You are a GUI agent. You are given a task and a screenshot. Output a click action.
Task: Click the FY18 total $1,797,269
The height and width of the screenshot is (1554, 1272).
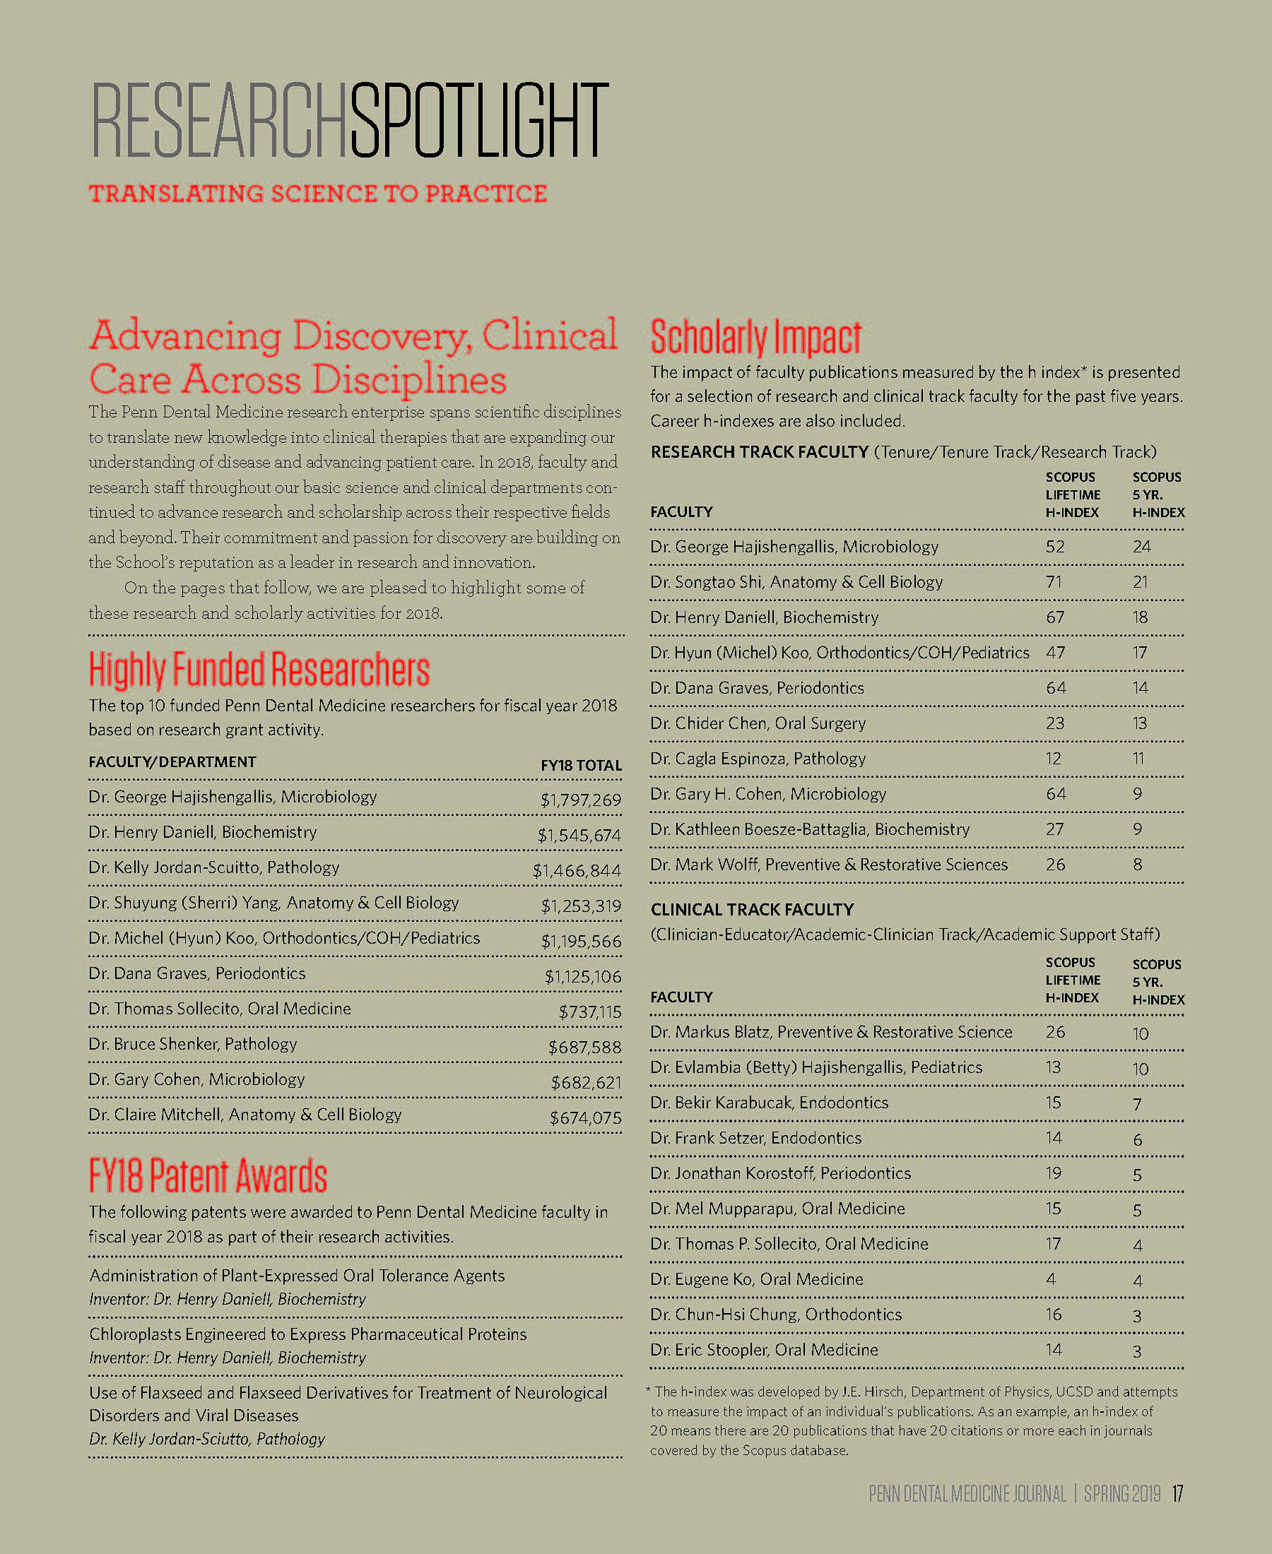[580, 800]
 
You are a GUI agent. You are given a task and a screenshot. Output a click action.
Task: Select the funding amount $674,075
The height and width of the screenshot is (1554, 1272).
[585, 1117]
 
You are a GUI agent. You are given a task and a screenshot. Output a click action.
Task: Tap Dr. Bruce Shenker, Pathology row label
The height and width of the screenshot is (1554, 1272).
[193, 1043]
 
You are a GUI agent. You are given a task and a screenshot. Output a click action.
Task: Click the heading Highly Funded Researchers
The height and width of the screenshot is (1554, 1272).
[259, 670]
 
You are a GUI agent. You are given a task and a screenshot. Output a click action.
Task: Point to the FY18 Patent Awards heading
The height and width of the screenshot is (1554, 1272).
[207, 1175]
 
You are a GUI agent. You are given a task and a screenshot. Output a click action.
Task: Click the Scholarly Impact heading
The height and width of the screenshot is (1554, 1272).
[755, 338]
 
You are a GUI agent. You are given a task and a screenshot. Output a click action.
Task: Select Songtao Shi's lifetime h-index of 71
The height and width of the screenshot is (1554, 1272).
[1054, 582]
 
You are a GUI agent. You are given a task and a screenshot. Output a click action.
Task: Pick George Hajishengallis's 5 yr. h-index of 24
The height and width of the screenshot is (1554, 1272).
[1141, 547]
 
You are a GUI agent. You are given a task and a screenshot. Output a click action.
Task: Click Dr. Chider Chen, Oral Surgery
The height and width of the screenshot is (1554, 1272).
[758, 723]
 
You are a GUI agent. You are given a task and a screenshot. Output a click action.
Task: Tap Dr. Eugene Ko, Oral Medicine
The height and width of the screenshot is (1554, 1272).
[756, 1279]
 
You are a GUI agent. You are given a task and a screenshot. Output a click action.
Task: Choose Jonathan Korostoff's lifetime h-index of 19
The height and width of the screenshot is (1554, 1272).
[1054, 1173]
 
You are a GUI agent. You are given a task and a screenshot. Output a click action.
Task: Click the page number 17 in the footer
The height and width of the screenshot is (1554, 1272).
[1177, 1493]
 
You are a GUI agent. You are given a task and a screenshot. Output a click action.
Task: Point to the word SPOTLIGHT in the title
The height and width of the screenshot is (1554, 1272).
[479, 121]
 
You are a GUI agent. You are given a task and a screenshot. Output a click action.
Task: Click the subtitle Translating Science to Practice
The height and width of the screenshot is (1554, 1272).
[318, 194]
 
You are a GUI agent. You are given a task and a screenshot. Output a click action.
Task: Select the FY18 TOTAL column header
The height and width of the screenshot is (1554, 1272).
[581, 765]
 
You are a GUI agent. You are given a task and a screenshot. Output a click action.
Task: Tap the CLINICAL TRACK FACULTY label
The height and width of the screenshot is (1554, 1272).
[752, 910]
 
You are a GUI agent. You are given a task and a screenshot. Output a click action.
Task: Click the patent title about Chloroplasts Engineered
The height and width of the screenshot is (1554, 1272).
[307, 1334]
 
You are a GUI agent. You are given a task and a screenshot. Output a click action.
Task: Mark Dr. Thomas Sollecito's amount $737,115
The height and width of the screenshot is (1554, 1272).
[590, 1012]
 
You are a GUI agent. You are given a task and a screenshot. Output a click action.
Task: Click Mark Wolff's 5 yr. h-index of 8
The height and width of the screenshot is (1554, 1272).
[1137, 865]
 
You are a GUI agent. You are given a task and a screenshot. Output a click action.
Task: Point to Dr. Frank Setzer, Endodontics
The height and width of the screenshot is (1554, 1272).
[755, 1138]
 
